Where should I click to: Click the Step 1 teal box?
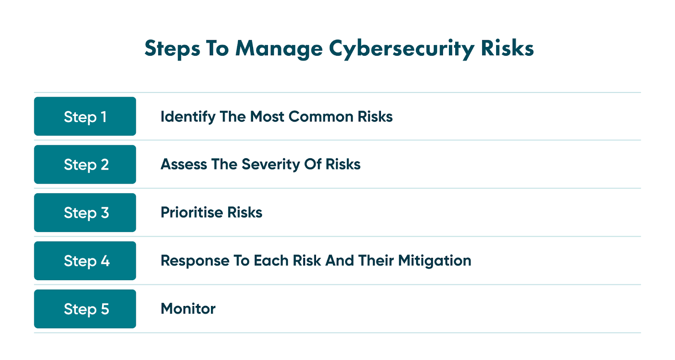tap(85, 116)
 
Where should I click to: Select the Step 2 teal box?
tap(85, 165)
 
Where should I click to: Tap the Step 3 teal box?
tap(85, 213)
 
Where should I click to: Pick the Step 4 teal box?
tap(85, 261)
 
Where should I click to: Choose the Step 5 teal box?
tap(85, 309)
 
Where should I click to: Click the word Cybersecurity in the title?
tap(401, 49)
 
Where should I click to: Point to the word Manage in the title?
tap(279, 49)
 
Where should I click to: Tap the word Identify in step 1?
tap(188, 117)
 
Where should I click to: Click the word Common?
tap(321, 116)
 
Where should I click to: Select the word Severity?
tap(270, 165)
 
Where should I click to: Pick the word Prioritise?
tap(192, 212)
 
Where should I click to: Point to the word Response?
tap(194, 261)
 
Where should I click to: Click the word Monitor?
tap(188, 309)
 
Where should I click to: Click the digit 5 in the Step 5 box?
tap(105, 309)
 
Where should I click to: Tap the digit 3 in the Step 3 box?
tap(105, 213)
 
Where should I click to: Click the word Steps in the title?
tap(172, 49)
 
